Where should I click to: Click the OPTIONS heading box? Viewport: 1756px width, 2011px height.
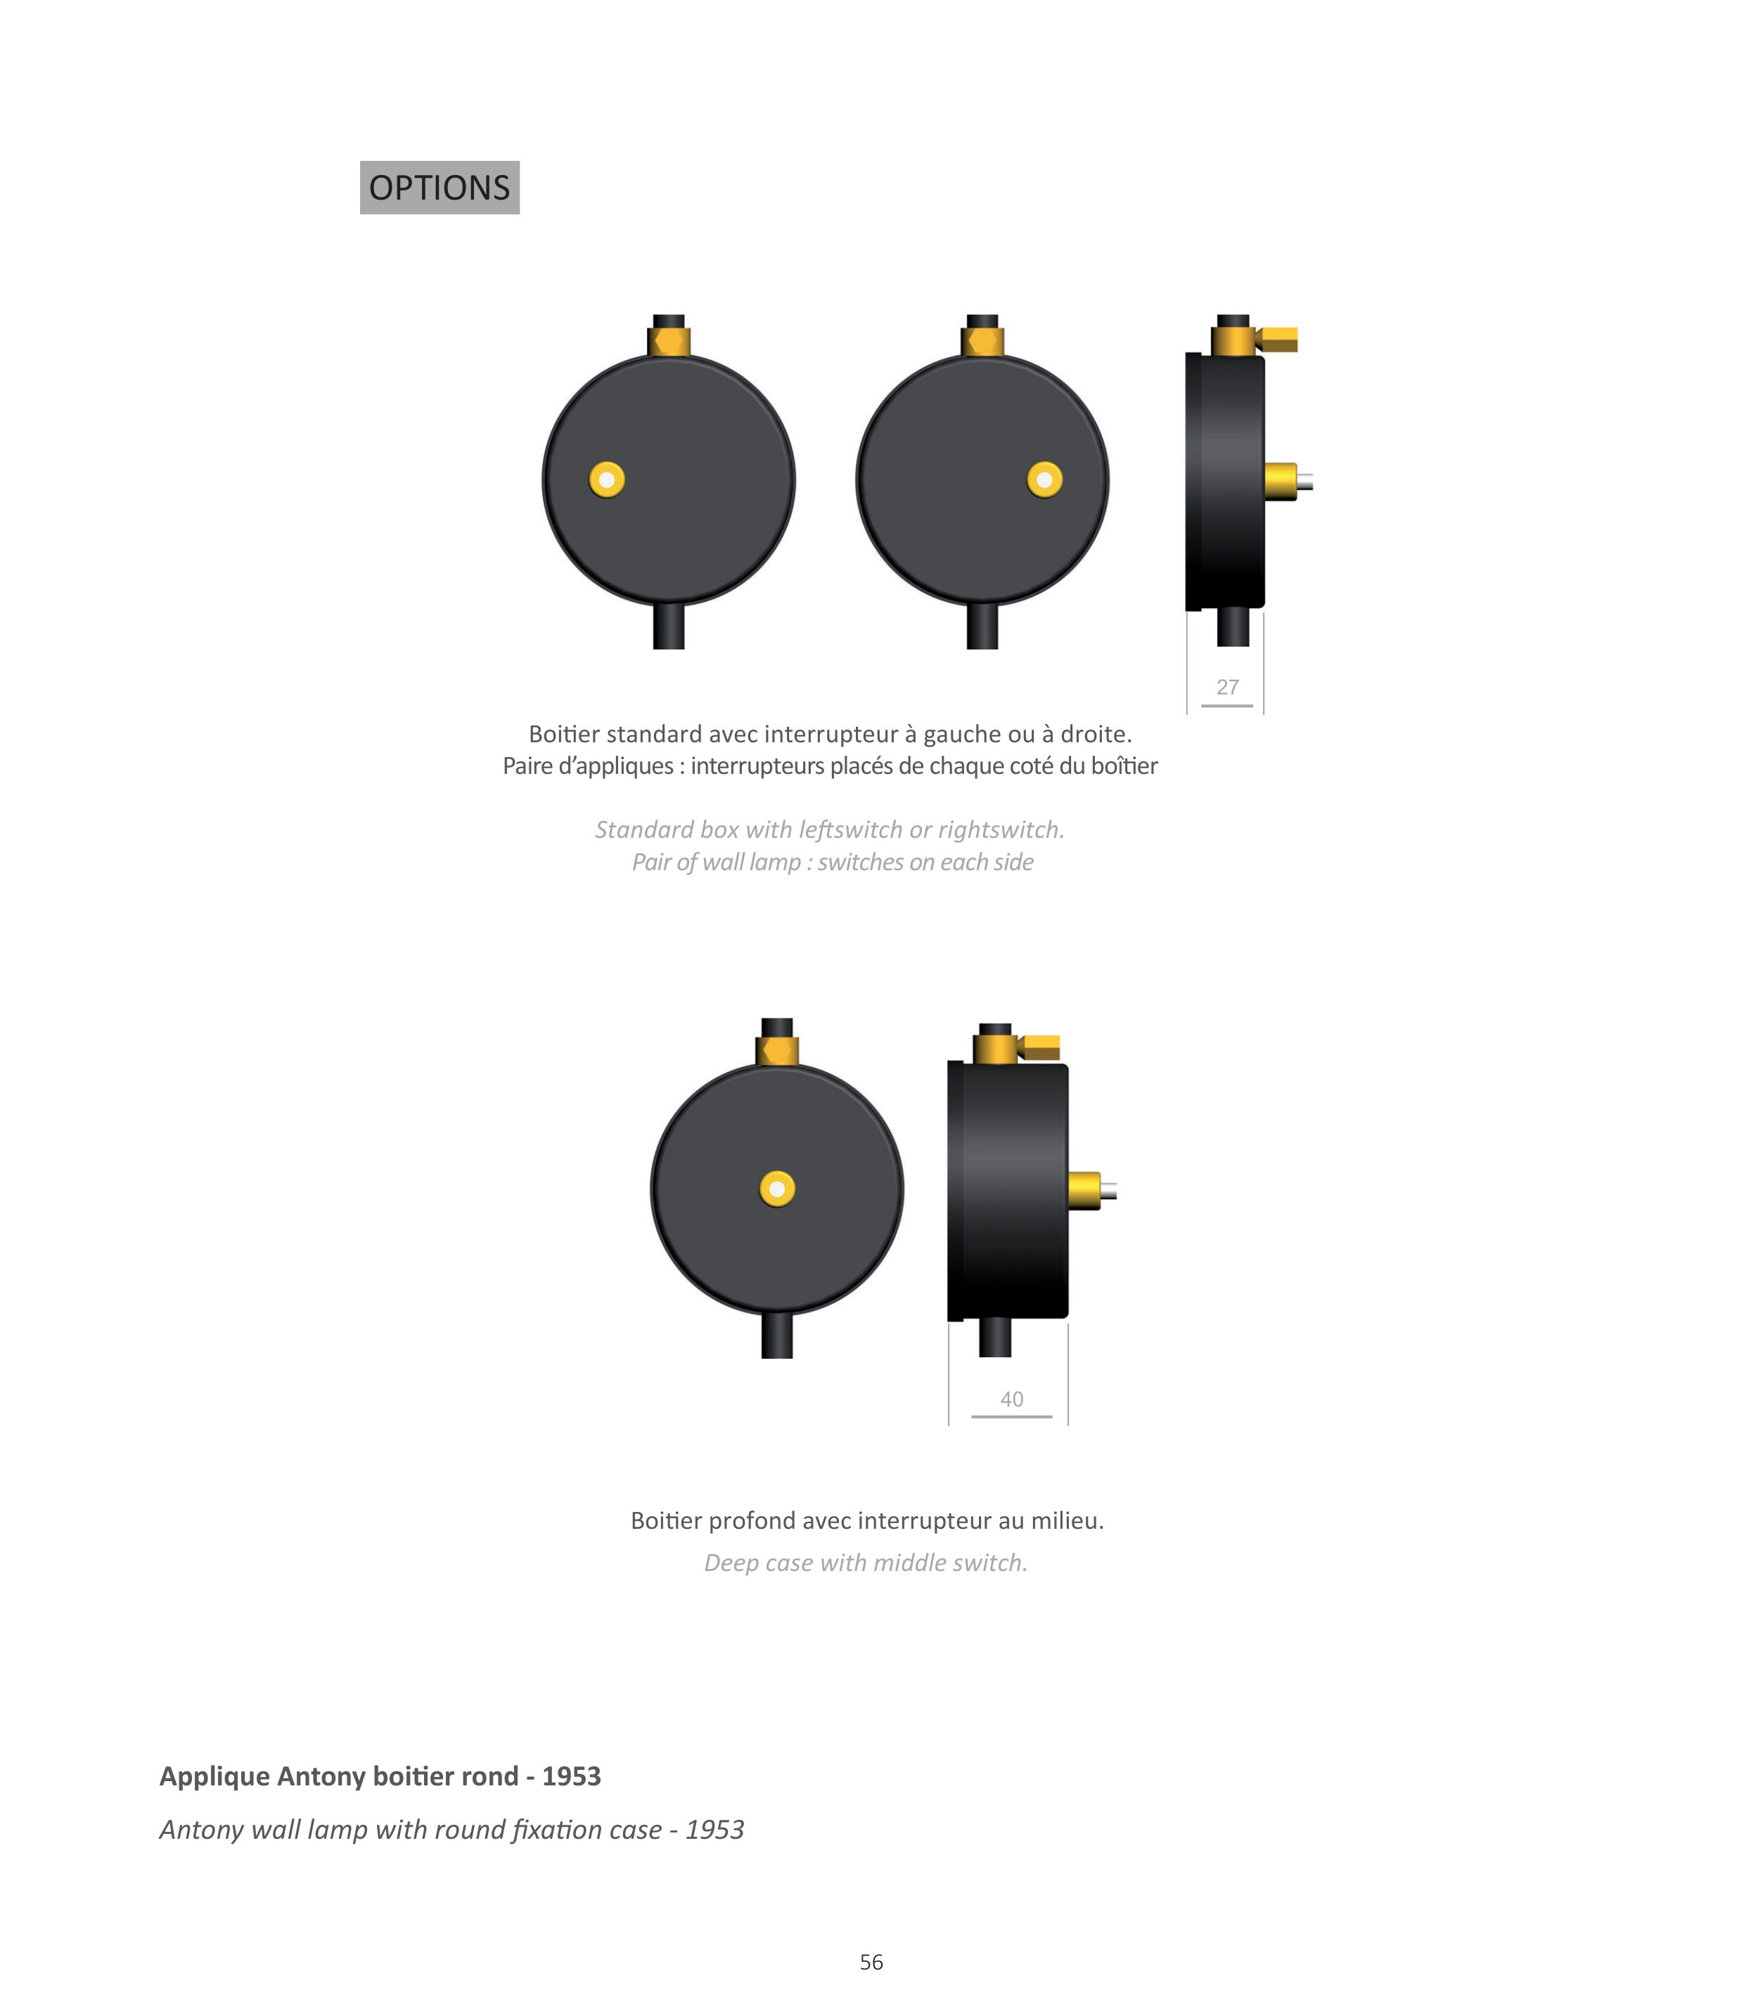click(x=440, y=187)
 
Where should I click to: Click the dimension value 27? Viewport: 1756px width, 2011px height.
click(x=1227, y=687)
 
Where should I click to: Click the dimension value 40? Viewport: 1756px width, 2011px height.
click(x=1011, y=1399)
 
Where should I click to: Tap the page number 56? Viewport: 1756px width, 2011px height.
click(x=871, y=1962)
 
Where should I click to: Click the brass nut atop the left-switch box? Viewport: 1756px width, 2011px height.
click(x=669, y=342)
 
